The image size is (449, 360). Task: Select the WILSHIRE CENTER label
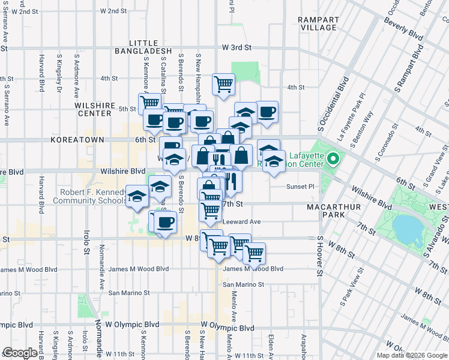(95, 109)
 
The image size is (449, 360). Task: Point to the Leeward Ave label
(241, 221)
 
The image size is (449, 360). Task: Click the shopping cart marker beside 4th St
(223, 84)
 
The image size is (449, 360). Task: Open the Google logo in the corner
(20, 353)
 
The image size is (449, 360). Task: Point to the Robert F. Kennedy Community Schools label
(93, 196)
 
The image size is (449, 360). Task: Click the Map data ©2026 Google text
(412, 355)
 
